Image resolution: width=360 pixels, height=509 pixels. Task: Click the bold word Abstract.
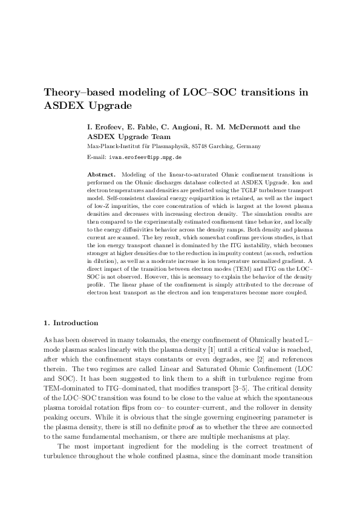tap(101, 173)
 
